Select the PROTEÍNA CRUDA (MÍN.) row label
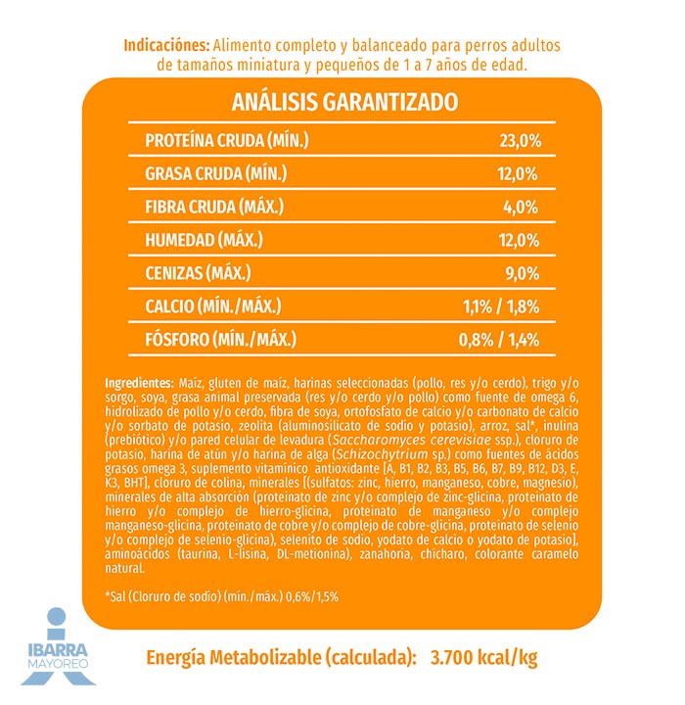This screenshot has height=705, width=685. pos(226,141)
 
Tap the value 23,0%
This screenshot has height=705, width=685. pos(520,141)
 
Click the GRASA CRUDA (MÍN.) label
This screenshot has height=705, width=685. pos(216,174)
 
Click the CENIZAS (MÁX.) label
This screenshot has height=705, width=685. pos(198,272)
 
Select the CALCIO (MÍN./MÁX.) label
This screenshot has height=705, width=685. pos(220,306)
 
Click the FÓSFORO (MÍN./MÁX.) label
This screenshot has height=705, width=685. pos(220,340)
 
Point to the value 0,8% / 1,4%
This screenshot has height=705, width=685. pos(500,340)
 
